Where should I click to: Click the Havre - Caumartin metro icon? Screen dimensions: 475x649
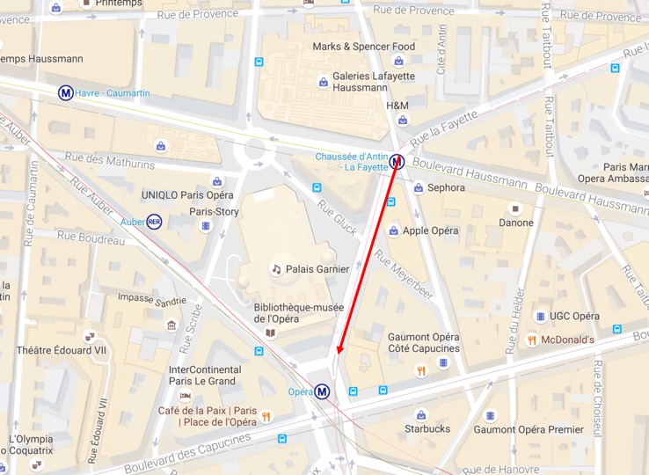click(x=66, y=93)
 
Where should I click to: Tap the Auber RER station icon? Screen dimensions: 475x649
click(x=154, y=221)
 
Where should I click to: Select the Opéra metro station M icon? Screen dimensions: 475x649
click(x=323, y=391)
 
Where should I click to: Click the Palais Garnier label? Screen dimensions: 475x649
click(x=317, y=269)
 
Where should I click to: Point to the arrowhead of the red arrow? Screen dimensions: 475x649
click(x=339, y=354)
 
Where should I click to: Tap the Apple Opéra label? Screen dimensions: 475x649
click(x=430, y=231)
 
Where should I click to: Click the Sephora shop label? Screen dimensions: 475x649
click(x=446, y=187)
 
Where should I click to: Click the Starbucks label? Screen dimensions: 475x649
click(x=427, y=429)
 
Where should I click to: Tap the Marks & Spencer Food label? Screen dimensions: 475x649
click(x=363, y=47)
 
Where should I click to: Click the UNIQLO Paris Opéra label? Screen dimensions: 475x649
click(x=187, y=194)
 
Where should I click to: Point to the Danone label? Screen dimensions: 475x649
click(x=516, y=223)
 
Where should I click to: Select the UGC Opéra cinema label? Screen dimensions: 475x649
click(x=574, y=317)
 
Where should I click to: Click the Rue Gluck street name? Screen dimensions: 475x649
click(x=338, y=217)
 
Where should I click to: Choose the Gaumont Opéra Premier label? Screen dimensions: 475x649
click(x=529, y=429)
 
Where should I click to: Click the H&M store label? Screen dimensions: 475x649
click(x=397, y=106)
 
